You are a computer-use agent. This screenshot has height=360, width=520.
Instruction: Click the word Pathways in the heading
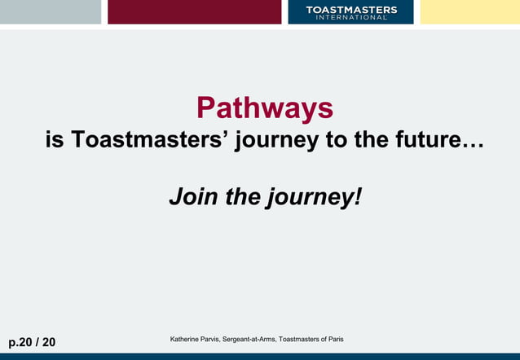[264, 108]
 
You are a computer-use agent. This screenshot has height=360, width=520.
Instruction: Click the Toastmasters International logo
[350, 12]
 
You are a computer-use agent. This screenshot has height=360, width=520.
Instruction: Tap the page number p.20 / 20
[33, 342]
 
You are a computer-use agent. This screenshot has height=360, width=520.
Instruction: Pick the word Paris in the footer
[334, 339]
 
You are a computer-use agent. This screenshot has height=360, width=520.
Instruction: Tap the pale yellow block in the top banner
[469, 12]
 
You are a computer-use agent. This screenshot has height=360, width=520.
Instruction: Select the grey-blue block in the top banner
[50, 12]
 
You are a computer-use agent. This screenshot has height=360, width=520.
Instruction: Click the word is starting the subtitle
[55, 140]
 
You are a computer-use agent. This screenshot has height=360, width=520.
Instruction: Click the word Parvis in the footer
[214, 339]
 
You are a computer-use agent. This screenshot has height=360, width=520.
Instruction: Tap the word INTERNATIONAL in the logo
[351, 17]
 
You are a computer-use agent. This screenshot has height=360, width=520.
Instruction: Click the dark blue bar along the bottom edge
[260, 356]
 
